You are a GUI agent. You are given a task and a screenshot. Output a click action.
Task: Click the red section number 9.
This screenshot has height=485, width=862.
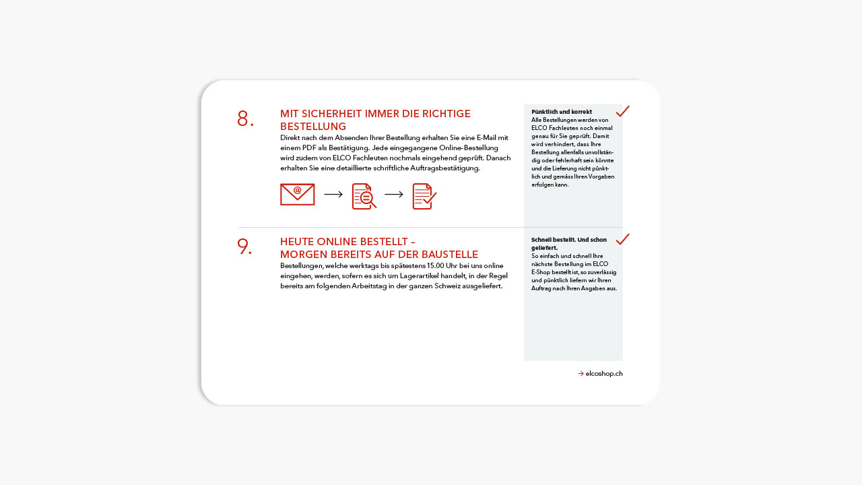(x=244, y=247)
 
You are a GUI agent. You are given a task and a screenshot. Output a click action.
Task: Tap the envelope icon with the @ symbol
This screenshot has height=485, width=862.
(x=297, y=195)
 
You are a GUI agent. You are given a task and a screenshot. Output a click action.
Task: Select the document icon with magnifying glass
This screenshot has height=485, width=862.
(x=364, y=196)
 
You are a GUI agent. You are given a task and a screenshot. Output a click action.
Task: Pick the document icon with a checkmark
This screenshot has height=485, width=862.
(x=424, y=196)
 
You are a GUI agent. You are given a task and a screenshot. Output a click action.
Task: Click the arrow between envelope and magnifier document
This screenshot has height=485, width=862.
(x=333, y=195)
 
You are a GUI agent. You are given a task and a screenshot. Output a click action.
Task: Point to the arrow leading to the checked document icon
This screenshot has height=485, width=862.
(x=394, y=195)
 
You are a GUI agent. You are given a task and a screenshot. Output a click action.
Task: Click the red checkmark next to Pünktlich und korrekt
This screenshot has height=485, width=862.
(x=622, y=111)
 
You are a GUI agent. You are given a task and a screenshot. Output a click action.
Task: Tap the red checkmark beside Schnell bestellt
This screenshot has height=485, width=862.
(x=622, y=239)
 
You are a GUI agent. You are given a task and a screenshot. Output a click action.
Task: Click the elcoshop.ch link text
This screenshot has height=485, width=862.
(x=604, y=373)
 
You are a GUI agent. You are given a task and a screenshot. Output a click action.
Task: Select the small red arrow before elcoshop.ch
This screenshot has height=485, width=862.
(x=581, y=373)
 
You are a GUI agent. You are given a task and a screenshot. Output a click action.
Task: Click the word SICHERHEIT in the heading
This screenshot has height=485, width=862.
(x=329, y=114)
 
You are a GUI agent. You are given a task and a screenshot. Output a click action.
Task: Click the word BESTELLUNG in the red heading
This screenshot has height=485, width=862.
(x=313, y=127)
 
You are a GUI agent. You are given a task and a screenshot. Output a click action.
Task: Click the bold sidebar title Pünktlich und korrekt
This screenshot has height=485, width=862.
(x=562, y=112)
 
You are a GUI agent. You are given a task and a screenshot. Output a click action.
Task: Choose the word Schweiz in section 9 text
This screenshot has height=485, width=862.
(x=441, y=286)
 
